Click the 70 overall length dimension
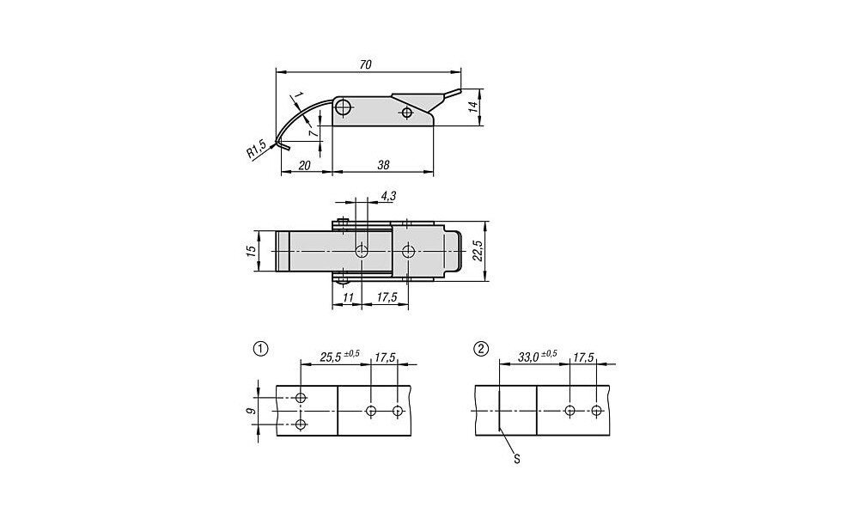365,64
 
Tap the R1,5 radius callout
256,150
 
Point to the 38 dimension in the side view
383,165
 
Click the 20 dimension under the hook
305,165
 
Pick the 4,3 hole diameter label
388,196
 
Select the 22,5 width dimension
478,250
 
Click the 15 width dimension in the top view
251,251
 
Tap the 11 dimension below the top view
349,297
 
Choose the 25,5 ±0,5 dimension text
339,357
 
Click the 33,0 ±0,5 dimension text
538,357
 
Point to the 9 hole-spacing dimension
250,411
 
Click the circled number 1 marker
261,349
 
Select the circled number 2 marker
481,349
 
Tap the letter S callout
516,459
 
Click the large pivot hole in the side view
344,107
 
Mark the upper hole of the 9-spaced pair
300,397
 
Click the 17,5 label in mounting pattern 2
583,357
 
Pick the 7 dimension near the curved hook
313,133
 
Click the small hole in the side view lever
406,113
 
